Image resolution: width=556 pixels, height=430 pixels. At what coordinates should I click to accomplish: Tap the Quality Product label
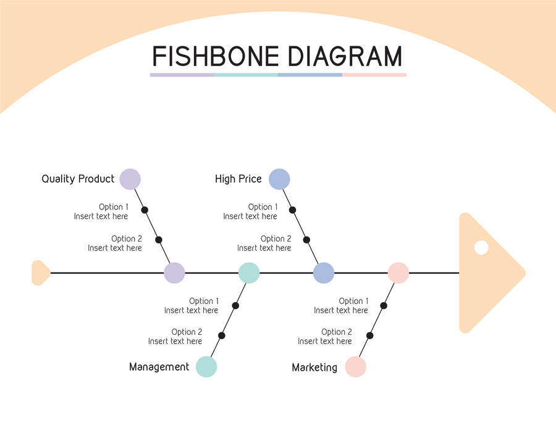(78, 179)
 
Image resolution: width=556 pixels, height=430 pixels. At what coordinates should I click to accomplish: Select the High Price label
(238, 179)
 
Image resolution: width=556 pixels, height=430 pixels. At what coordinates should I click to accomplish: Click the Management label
(159, 367)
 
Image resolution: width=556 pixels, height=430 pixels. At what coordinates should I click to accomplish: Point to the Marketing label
(314, 368)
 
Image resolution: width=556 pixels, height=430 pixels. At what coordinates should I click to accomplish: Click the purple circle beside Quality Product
(130, 179)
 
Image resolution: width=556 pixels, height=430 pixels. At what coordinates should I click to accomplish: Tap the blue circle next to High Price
(279, 179)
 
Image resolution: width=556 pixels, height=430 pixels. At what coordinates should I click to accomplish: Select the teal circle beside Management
(206, 366)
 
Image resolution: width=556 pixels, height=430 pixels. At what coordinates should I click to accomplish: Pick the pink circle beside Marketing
(356, 366)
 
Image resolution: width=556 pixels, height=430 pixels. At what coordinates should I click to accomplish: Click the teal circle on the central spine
(249, 272)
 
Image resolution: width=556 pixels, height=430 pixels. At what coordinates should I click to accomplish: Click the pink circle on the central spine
(398, 272)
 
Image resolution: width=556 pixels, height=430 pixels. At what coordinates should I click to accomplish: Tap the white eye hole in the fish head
(481, 248)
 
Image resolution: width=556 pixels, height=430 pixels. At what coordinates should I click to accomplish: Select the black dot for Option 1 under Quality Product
(145, 210)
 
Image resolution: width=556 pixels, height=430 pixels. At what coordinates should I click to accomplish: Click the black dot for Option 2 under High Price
(306, 240)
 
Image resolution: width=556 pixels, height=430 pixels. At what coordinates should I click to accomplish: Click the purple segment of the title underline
(182, 75)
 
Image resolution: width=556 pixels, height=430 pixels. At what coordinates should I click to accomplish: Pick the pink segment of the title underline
(374, 75)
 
